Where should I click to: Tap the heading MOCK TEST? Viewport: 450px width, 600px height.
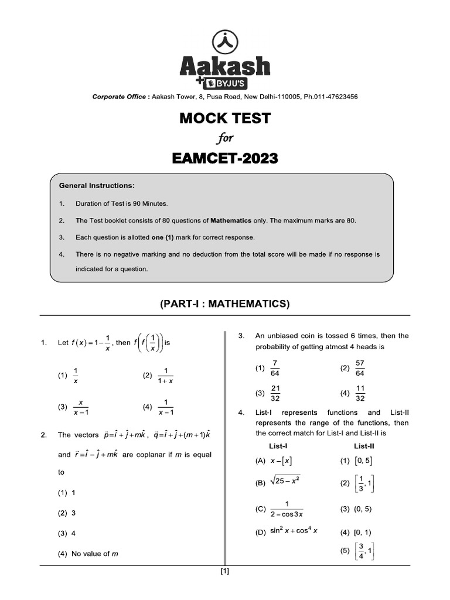[x=224, y=118]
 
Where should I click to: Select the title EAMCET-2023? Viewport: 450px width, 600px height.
[x=224, y=158]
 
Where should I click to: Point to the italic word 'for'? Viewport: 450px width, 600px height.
[x=225, y=138]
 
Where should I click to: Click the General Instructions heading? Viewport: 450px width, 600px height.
[x=97, y=186]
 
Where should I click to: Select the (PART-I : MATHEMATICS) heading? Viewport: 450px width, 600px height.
[x=224, y=304]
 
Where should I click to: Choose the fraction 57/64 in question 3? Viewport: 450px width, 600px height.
[x=360, y=369]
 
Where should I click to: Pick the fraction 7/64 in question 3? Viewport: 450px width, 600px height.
[x=275, y=369]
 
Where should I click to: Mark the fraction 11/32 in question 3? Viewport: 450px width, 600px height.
[x=360, y=393]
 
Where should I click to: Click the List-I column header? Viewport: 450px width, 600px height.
[x=278, y=446]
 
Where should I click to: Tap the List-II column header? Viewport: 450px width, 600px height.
[x=364, y=446]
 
